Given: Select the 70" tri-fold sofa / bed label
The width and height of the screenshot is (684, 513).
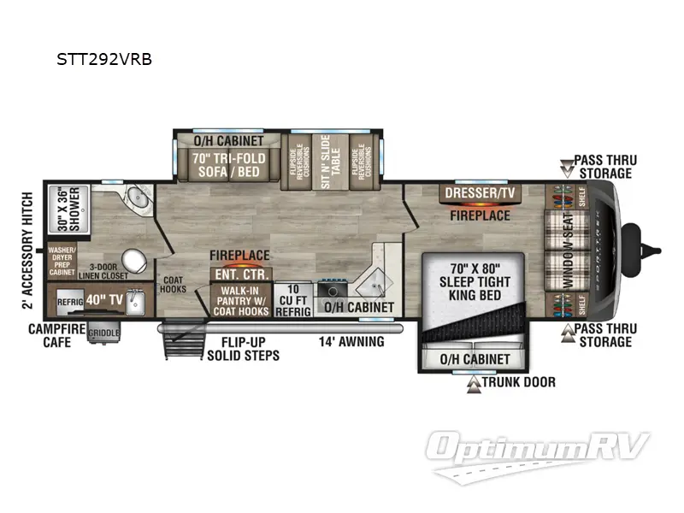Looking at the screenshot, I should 229,165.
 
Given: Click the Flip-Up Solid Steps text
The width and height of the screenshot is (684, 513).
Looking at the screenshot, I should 243,349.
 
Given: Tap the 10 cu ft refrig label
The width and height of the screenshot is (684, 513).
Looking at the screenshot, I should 293,299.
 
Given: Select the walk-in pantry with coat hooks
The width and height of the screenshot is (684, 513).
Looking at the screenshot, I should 240,299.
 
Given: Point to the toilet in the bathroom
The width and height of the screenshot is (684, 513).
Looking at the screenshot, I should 133,259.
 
